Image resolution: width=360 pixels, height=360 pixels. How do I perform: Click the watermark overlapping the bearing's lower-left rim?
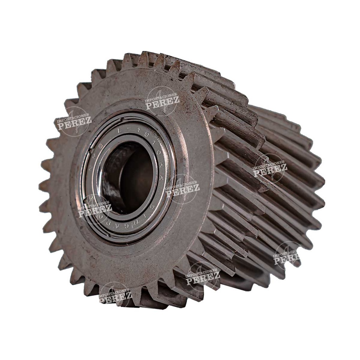pyautogui.click(x=94, y=210)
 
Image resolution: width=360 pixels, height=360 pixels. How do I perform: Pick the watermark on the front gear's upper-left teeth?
pyautogui.click(x=74, y=122)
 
